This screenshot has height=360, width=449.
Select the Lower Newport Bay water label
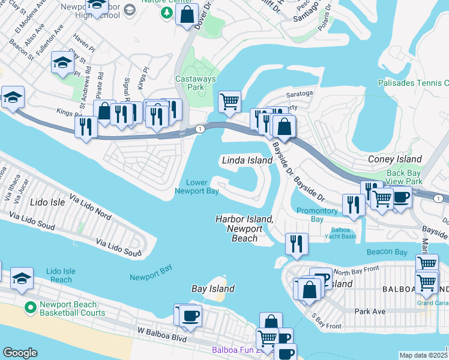pyautogui.click(x=196, y=187)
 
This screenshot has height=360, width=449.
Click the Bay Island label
pyautogui.click(x=212, y=289)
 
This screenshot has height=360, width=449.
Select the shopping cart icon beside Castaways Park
pyautogui.click(x=229, y=101)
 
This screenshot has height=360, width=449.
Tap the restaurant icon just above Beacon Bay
pyautogui.click(x=297, y=243)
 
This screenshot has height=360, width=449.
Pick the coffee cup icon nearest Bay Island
pyautogui.click(x=190, y=316)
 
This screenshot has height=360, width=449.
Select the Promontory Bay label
pyautogui.click(x=317, y=215)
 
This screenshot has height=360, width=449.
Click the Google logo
pyautogui.click(x=20, y=353)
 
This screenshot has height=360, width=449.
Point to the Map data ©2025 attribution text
pyautogui.click(x=423, y=355)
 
